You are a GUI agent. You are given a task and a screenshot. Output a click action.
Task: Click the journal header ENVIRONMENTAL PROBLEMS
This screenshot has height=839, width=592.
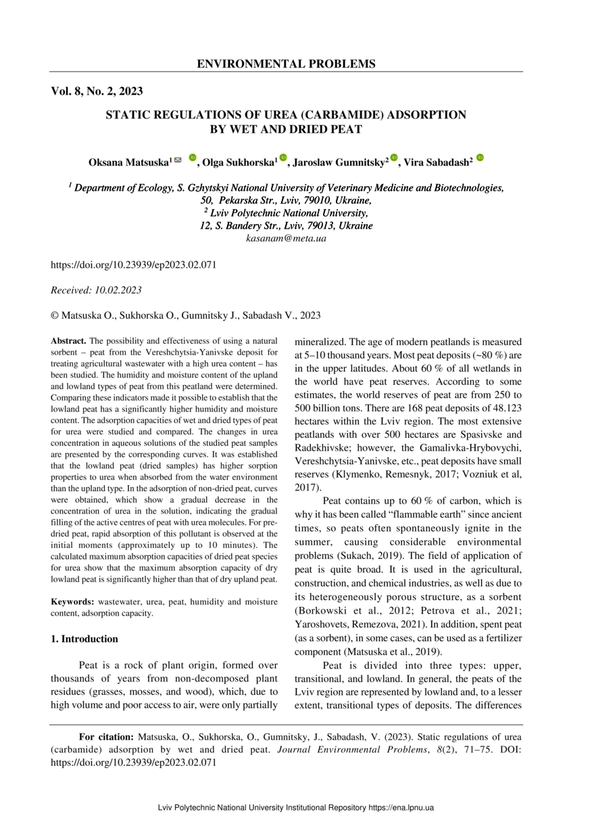[x=286, y=64]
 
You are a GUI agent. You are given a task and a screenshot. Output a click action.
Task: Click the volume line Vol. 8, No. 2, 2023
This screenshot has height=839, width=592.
[x=97, y=91]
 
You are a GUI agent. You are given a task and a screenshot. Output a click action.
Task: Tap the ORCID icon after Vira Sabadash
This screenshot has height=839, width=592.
[x=480, y=158]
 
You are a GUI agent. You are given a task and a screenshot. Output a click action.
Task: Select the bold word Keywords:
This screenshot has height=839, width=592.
[x=73, y=602]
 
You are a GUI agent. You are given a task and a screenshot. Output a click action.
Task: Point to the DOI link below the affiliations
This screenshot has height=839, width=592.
[x=134, y=265]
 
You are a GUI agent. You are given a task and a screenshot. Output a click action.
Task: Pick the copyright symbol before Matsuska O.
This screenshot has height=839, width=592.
[x=55, y=315]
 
